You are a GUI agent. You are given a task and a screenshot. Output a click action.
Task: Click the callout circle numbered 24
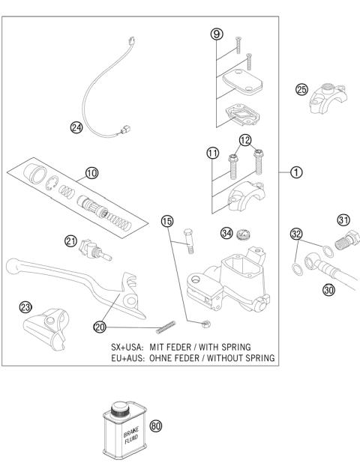[76, 127]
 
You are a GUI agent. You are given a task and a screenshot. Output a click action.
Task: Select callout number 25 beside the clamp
[301, 89]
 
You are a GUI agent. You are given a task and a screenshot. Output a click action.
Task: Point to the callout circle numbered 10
[91, 172]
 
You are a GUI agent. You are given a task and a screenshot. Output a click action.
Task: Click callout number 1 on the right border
[297, 172]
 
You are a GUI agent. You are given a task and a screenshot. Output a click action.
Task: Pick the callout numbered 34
[225, 232]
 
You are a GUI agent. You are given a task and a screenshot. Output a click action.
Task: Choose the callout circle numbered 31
[344, 220]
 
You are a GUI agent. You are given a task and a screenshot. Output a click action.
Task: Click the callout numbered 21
[70, 240]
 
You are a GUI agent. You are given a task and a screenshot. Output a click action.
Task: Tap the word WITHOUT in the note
[235, 358]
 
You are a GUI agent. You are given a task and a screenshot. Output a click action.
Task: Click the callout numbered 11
[213, 154]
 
